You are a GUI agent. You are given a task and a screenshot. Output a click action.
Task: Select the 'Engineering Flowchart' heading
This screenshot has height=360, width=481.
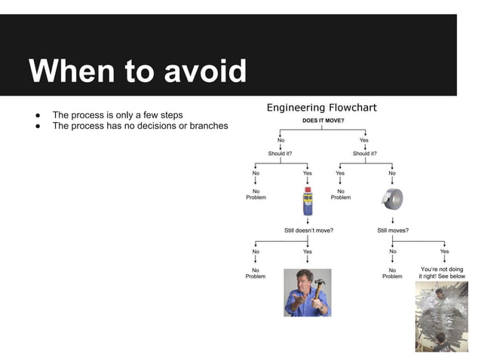click(321, 108)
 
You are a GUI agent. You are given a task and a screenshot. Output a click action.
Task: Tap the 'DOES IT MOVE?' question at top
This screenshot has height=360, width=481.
click(323, 120)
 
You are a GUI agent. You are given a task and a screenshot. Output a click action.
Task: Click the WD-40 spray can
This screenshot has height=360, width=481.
click(308, 202)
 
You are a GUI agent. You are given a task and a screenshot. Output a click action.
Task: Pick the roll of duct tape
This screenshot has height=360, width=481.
click(392, 199)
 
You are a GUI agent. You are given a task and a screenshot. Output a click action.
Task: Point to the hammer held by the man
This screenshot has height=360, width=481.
click(320, 287)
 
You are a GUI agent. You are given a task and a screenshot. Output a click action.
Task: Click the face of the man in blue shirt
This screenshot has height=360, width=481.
click(304, 279)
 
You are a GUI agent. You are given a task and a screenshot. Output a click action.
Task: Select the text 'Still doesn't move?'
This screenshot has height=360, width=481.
click(308, 230)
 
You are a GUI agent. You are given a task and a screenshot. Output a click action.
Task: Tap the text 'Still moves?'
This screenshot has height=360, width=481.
click(393, 230)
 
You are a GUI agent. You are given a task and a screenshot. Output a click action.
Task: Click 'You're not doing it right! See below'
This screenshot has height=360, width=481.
click(442, 273)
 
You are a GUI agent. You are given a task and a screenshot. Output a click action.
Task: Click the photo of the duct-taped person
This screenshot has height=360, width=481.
click(441, 316)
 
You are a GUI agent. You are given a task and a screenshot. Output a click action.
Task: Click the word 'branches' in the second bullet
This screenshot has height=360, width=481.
click(209, 126)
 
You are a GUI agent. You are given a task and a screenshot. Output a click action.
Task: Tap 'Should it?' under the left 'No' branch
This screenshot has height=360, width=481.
click(280, 154)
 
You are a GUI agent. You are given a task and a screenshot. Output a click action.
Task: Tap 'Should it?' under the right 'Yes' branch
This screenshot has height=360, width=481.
click(364, 154)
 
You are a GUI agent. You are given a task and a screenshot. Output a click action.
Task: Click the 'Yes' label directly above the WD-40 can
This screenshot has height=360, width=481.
click(308, 173)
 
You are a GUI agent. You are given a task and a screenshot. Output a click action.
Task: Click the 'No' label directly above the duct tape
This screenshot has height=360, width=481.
click(392, 173)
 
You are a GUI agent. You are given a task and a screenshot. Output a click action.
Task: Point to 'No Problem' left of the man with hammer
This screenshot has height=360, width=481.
click(256, 273)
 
